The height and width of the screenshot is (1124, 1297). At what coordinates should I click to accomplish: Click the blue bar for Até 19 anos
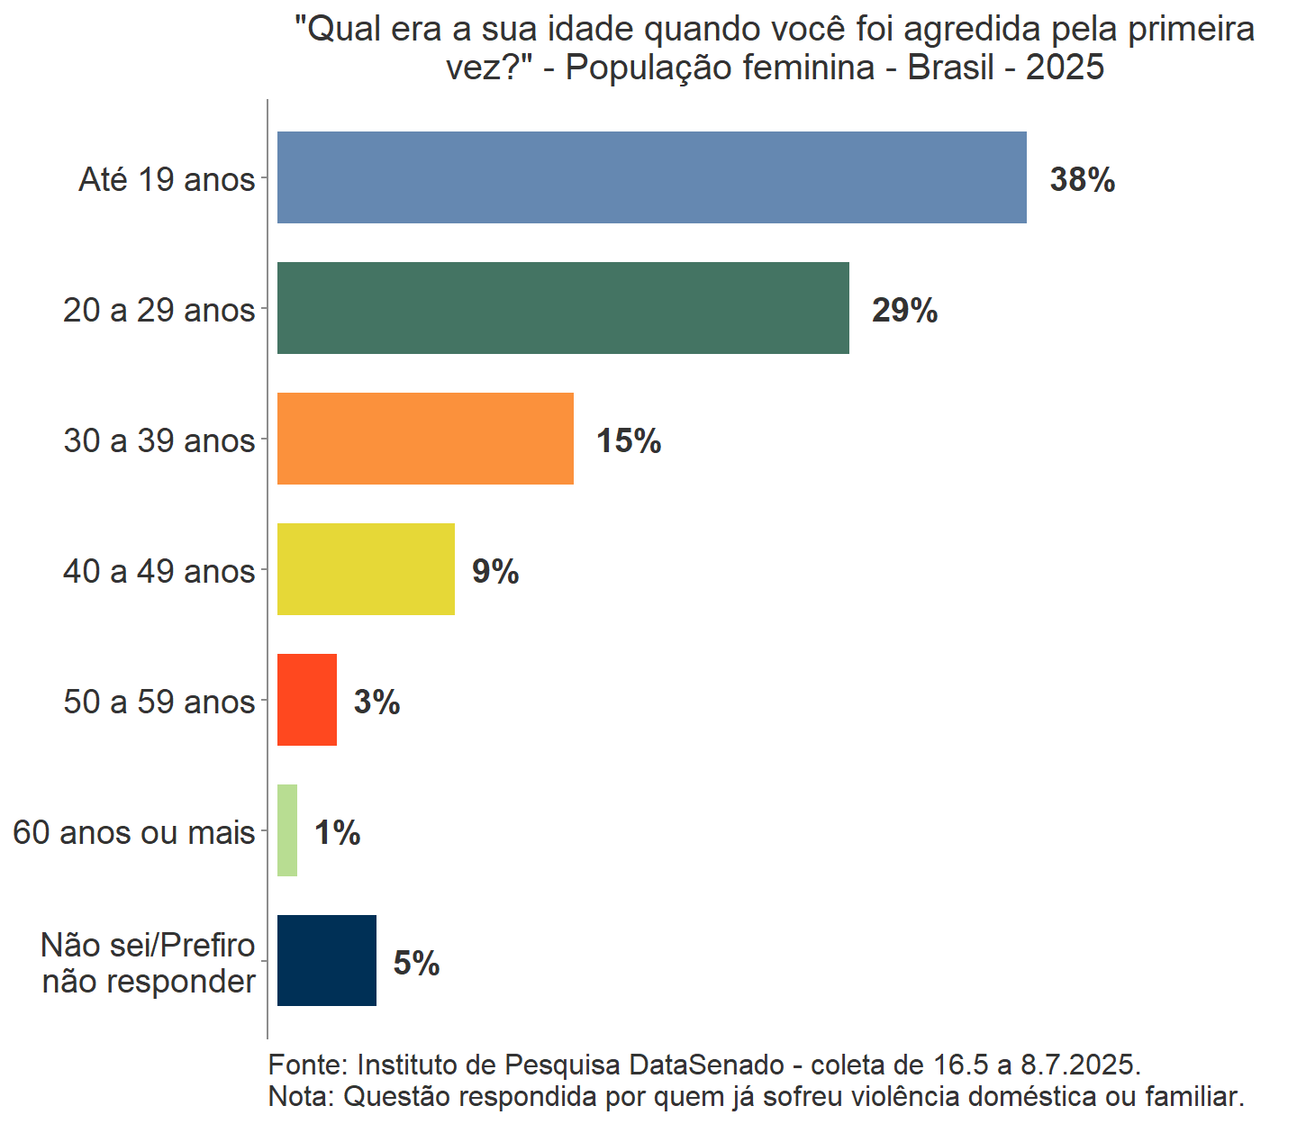click(x=651, y=177)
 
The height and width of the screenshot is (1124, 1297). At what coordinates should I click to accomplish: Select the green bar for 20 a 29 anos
click(x=563, y=308)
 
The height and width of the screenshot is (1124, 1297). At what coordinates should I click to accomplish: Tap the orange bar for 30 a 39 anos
click(x=425, y=439)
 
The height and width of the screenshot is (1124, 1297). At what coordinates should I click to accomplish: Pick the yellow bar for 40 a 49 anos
click(x=366, y=569)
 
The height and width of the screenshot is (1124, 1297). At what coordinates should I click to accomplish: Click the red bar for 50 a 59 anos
click(x=307, y=700)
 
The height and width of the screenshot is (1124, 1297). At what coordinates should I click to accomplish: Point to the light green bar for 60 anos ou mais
click(x=287, y=830)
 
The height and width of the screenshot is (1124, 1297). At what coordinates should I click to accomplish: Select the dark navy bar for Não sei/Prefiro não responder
click(x=327, y=961)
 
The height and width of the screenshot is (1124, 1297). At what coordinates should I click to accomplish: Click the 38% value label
click(x=1083, y=180)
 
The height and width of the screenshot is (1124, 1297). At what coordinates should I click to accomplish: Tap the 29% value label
click(x=904, y=311)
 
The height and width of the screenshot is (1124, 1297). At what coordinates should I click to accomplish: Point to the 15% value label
click(x=629, y=441)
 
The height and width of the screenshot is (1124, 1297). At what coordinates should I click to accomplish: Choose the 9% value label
click(x=495, y=572)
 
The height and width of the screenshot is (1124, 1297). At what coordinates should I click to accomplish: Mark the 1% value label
click(x=337, y=833)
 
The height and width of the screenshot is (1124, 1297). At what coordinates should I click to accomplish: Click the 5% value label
click(x=416, y=964)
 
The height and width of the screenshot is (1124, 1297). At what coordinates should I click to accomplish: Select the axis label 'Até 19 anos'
click(x=167, y=180)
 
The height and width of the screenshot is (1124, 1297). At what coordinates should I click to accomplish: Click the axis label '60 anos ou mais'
click(x=134, y=833)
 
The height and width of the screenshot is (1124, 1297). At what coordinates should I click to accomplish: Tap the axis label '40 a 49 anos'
click(x=159, y=572)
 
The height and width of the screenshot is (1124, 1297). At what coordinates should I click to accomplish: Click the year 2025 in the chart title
click(x=1065, y=68)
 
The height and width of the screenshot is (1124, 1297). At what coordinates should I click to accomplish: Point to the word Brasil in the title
click(x=951, y=68)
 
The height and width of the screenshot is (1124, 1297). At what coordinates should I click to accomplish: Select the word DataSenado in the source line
click(x=706, y=1065)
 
